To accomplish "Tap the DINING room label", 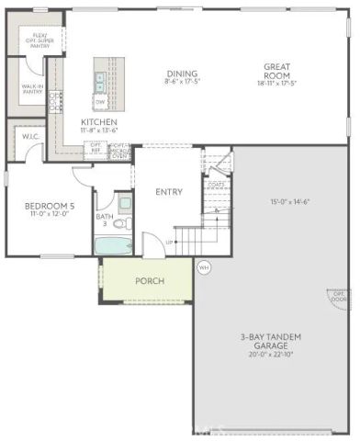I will pos(183,74).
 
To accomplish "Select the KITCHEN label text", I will pos(99,121).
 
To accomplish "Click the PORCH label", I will pos(150,280).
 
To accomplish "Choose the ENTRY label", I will pos(169,192).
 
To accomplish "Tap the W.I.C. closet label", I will pos(29,137).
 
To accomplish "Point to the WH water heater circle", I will pos(204,267).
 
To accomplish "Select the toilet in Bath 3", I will pos(128,223).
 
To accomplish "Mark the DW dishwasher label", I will pos(99,101).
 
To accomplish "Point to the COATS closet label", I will pos(217,184).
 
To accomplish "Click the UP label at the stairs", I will pos(169,243).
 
